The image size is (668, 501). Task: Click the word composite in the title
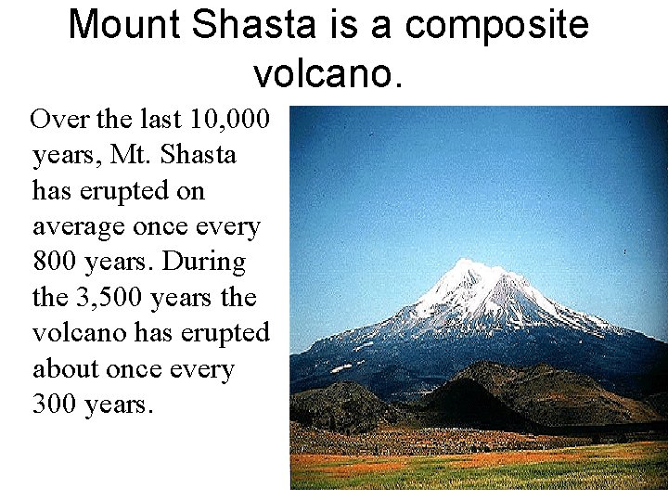tap(497, 25)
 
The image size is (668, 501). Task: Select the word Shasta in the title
tap(253, 25)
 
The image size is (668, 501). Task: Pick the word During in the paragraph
tap(205, 262)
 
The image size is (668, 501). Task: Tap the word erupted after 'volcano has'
tap(229, 333)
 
